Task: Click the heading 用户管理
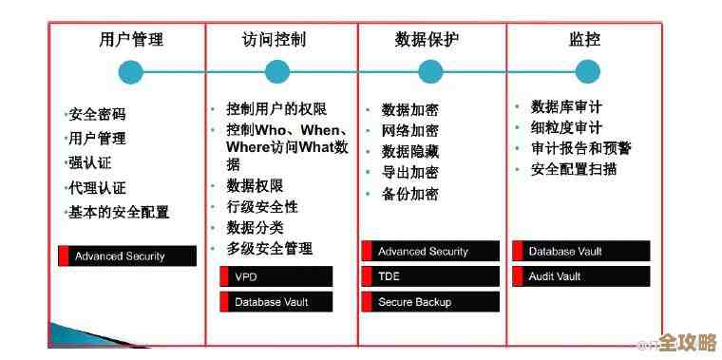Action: [x=131, y=40]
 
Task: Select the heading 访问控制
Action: [x=275, y=40]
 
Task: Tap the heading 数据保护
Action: [x=427, y=40]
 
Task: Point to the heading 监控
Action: [x=585, y=40]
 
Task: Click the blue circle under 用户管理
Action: [x=131, y=71]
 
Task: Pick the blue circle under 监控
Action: [x=587, y=71]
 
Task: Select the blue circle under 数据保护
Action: [x=430, y=71]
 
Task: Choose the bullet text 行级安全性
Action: [x=261, y=206]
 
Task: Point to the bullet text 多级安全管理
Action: [x=269, y=248]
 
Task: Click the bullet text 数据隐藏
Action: [x=409, y=152]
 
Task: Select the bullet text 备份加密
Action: [x=409, y=194]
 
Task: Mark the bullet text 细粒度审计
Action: [x=566, y=127]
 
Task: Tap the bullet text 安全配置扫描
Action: [x=574, y=169]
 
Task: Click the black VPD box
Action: [x=276, y=277]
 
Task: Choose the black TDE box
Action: [x=430, y=276]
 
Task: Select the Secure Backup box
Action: [x=430, y=302]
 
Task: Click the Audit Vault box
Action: [x=581, y=276]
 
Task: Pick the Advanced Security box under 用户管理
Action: [x=127, y=256]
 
